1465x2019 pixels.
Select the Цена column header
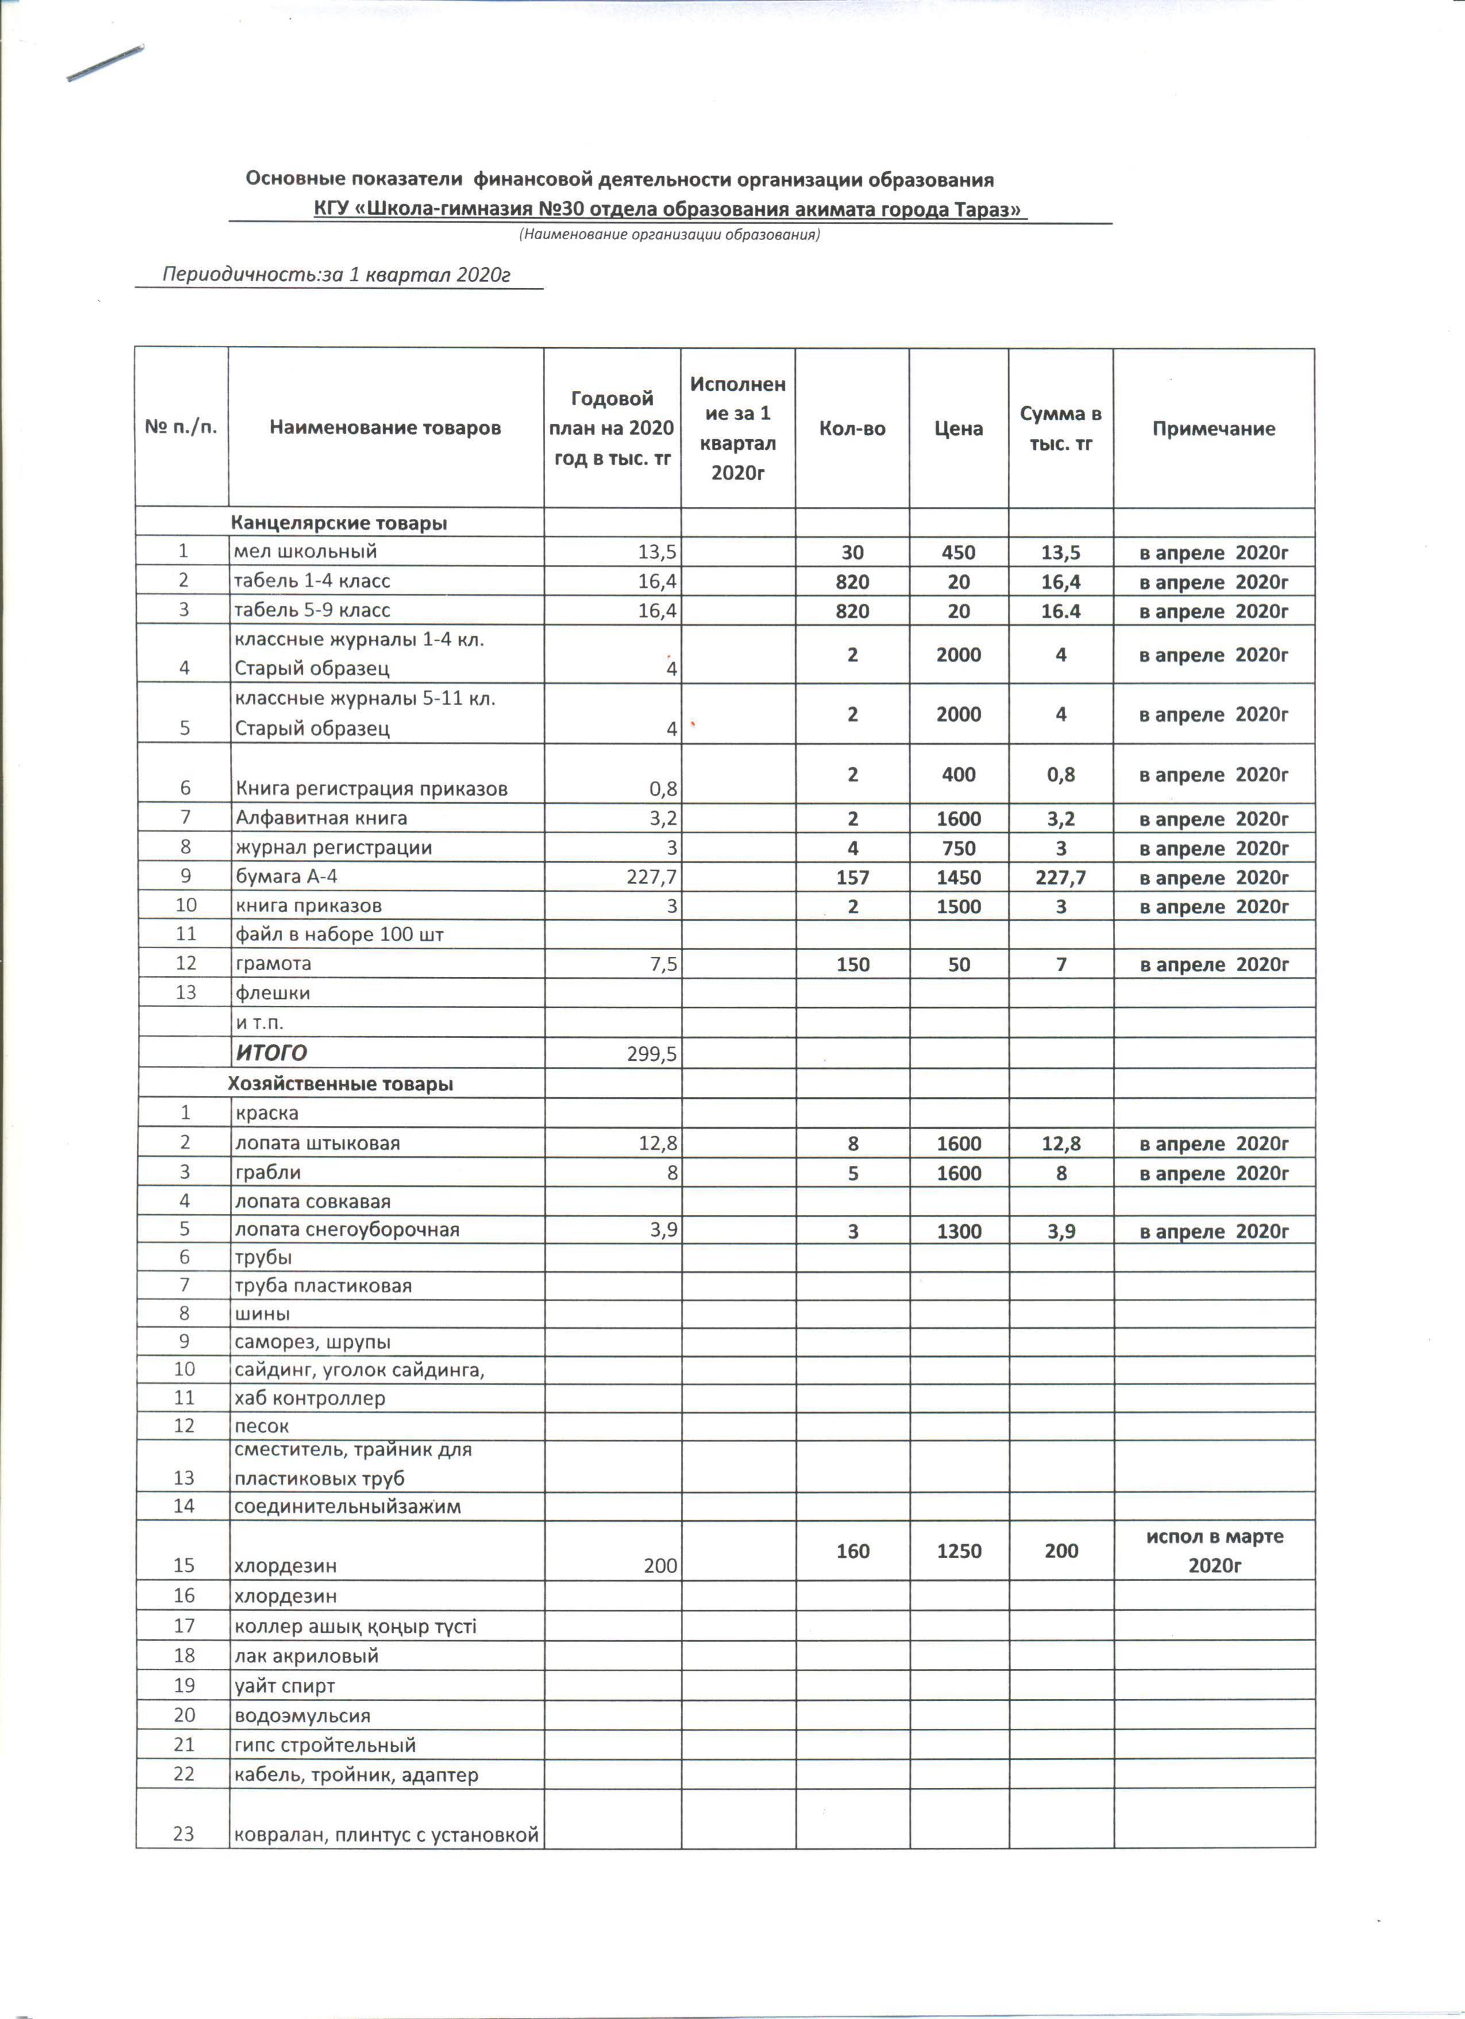coord(958,428)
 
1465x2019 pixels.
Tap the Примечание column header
coord(1213,428)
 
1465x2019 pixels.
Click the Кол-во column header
coord(852,428)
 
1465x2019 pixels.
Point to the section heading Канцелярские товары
coord(339,522)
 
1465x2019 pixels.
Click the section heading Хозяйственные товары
coord(340,1083)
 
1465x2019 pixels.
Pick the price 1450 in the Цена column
coord(958,877)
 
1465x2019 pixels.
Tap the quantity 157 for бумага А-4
coord(852,877)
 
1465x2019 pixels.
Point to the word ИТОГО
coord(272,1053)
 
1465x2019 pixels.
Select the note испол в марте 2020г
coord(1214,1551)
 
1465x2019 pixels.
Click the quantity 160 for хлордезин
coord(852,1551)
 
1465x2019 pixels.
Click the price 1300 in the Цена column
coord(958,1231)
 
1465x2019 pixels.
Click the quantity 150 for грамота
coord(852,964)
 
